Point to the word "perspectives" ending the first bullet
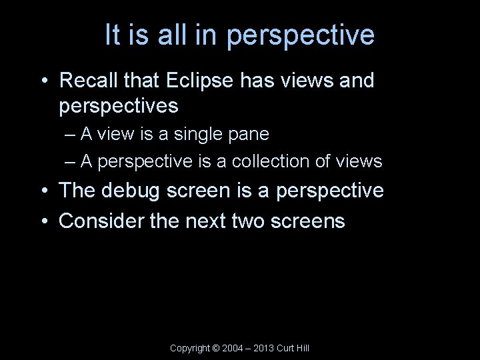coord(119,106)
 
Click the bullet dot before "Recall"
coord(43,82)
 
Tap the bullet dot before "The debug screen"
coord(43,192)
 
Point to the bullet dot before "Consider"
coord(43,221)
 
